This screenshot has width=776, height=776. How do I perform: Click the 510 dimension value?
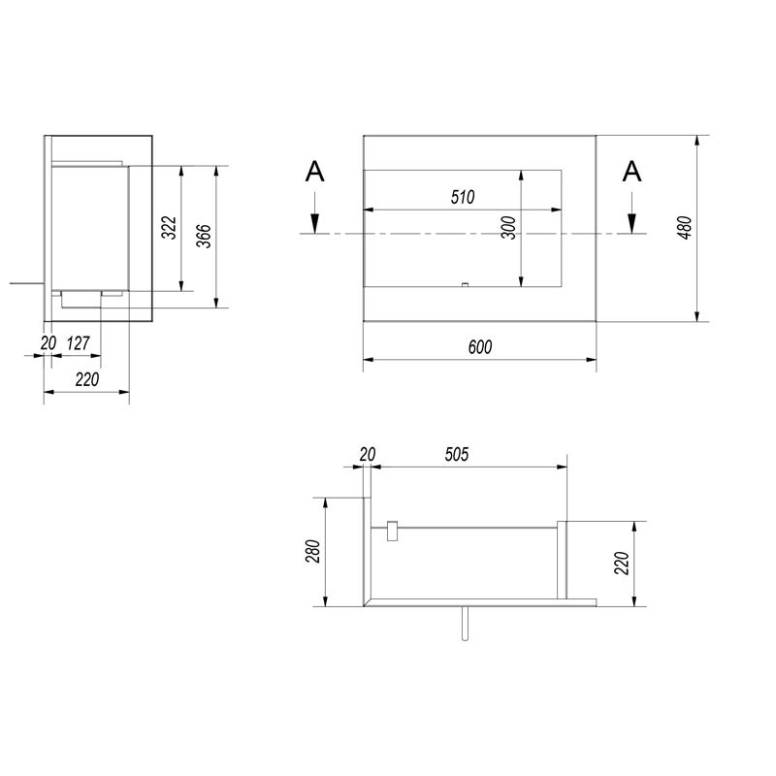pos(462,198)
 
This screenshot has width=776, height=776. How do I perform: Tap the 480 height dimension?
pos(685,228)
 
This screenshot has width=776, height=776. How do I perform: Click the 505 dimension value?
pos(458,454)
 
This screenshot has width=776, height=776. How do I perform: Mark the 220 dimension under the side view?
pos(87,380)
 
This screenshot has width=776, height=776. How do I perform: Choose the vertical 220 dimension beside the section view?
pos(621,563)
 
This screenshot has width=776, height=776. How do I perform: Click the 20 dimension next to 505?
pos(367,454)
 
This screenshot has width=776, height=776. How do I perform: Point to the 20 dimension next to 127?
pos(48,342)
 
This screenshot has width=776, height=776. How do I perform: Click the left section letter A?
pos(314,173)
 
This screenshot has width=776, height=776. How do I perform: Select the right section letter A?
pos(631,173)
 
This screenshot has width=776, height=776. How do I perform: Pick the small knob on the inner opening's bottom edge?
pos(465,285)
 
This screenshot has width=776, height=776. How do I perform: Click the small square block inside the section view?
pos(392,530)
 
